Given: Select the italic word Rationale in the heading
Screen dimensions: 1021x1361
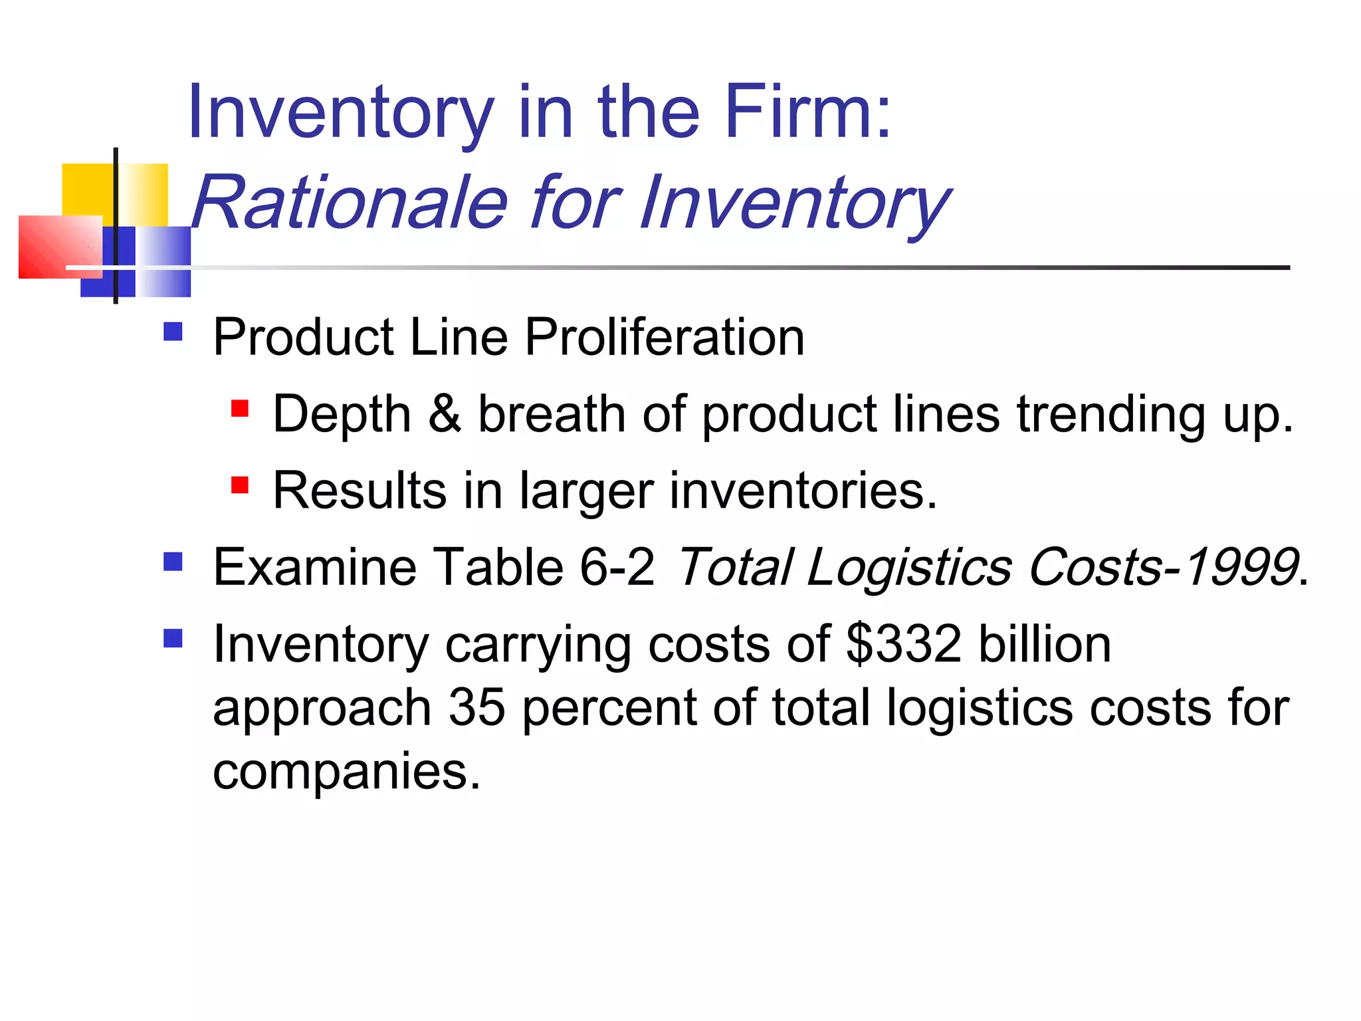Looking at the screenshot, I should pyautogui.click(x=350, y=202).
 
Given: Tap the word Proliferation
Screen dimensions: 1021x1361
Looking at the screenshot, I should pyautogui.click(x=665, y=337).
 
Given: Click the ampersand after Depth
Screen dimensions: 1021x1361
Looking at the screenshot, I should pyautogui.click(x=445, y=413).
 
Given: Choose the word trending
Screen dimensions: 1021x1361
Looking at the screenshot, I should pyautogui.click(x=1110, y=413).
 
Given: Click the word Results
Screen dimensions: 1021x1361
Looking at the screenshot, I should pyautogui.click(x=360, y=491).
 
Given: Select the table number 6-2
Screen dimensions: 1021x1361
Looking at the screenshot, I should pyautogui.click(x=617, y=567).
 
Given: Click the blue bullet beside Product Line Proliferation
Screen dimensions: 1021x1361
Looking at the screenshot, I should pyautogui.click(x=173, y=332).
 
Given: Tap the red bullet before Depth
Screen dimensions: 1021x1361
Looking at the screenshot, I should pyautogui.click(x=239, y=408).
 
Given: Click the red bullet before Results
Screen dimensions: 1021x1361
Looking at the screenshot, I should pyautogui.click(x=239, y=485).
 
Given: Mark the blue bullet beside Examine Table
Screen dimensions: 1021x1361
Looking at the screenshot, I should pyautogui.click(x=173, y=562).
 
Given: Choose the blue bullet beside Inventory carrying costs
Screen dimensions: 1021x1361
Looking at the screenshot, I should pyautogui.click(x=173, y=638).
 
